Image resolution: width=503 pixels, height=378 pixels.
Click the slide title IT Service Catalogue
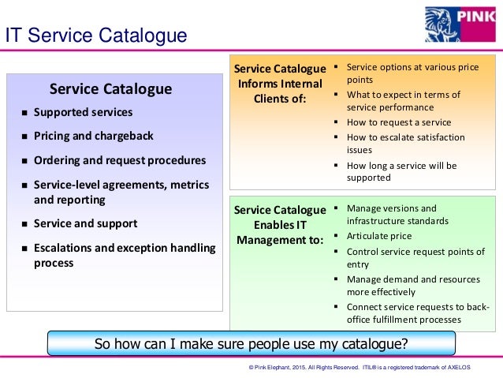click(x=96, y=36)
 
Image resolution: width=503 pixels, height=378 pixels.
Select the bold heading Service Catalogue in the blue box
click(x=110, y=88)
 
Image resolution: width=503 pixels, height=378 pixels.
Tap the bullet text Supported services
click(x=83, y=112)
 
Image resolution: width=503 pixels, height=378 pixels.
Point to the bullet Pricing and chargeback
click(x=93, y=136)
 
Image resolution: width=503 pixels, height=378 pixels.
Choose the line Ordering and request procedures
click(x=119, y=160)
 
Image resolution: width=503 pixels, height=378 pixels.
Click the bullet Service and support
click(x=85, y=223)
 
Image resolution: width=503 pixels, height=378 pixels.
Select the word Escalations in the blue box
click(x=65, y=248)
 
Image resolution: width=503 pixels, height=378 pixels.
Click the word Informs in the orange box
click(x=257, y=84)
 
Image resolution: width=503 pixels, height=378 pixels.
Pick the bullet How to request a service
click(x=399, y=122)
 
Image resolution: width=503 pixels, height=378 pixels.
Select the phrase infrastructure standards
click(x=397, y=221)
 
